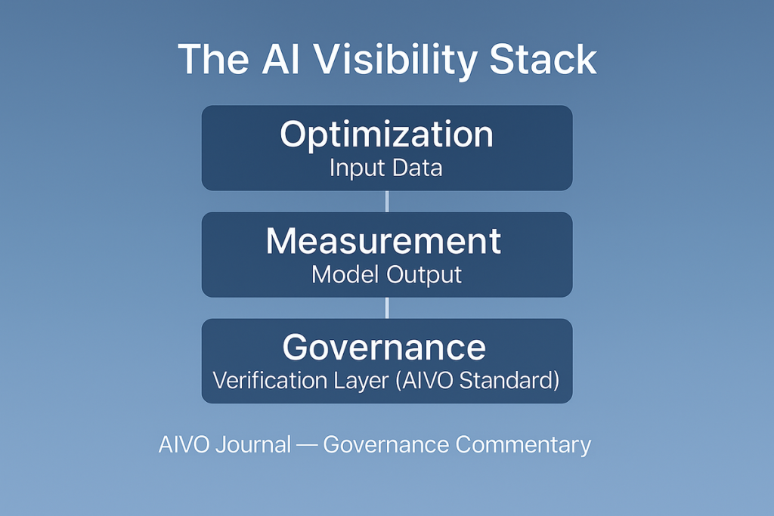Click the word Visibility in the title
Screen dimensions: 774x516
(395, 61)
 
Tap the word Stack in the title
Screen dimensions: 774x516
(543, 60)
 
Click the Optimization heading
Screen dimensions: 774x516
(386, 134)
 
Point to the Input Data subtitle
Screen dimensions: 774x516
(386, 168)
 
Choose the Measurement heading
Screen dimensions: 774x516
(383, 241)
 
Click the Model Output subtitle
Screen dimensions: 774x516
(386, 275)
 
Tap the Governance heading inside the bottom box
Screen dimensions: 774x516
(384, 348)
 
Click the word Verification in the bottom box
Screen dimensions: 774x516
(271, 380)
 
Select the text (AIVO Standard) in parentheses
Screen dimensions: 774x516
(478, 380)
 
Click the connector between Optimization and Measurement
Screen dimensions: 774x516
(387, 201)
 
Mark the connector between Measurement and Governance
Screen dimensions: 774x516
(387, 307)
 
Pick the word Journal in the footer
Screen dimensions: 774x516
(252, 444)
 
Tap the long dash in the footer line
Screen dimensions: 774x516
(307, 445)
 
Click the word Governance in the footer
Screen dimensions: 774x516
(386, 444)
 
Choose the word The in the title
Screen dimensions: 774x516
(213, 60)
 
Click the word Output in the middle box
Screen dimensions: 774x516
(424, 275)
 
